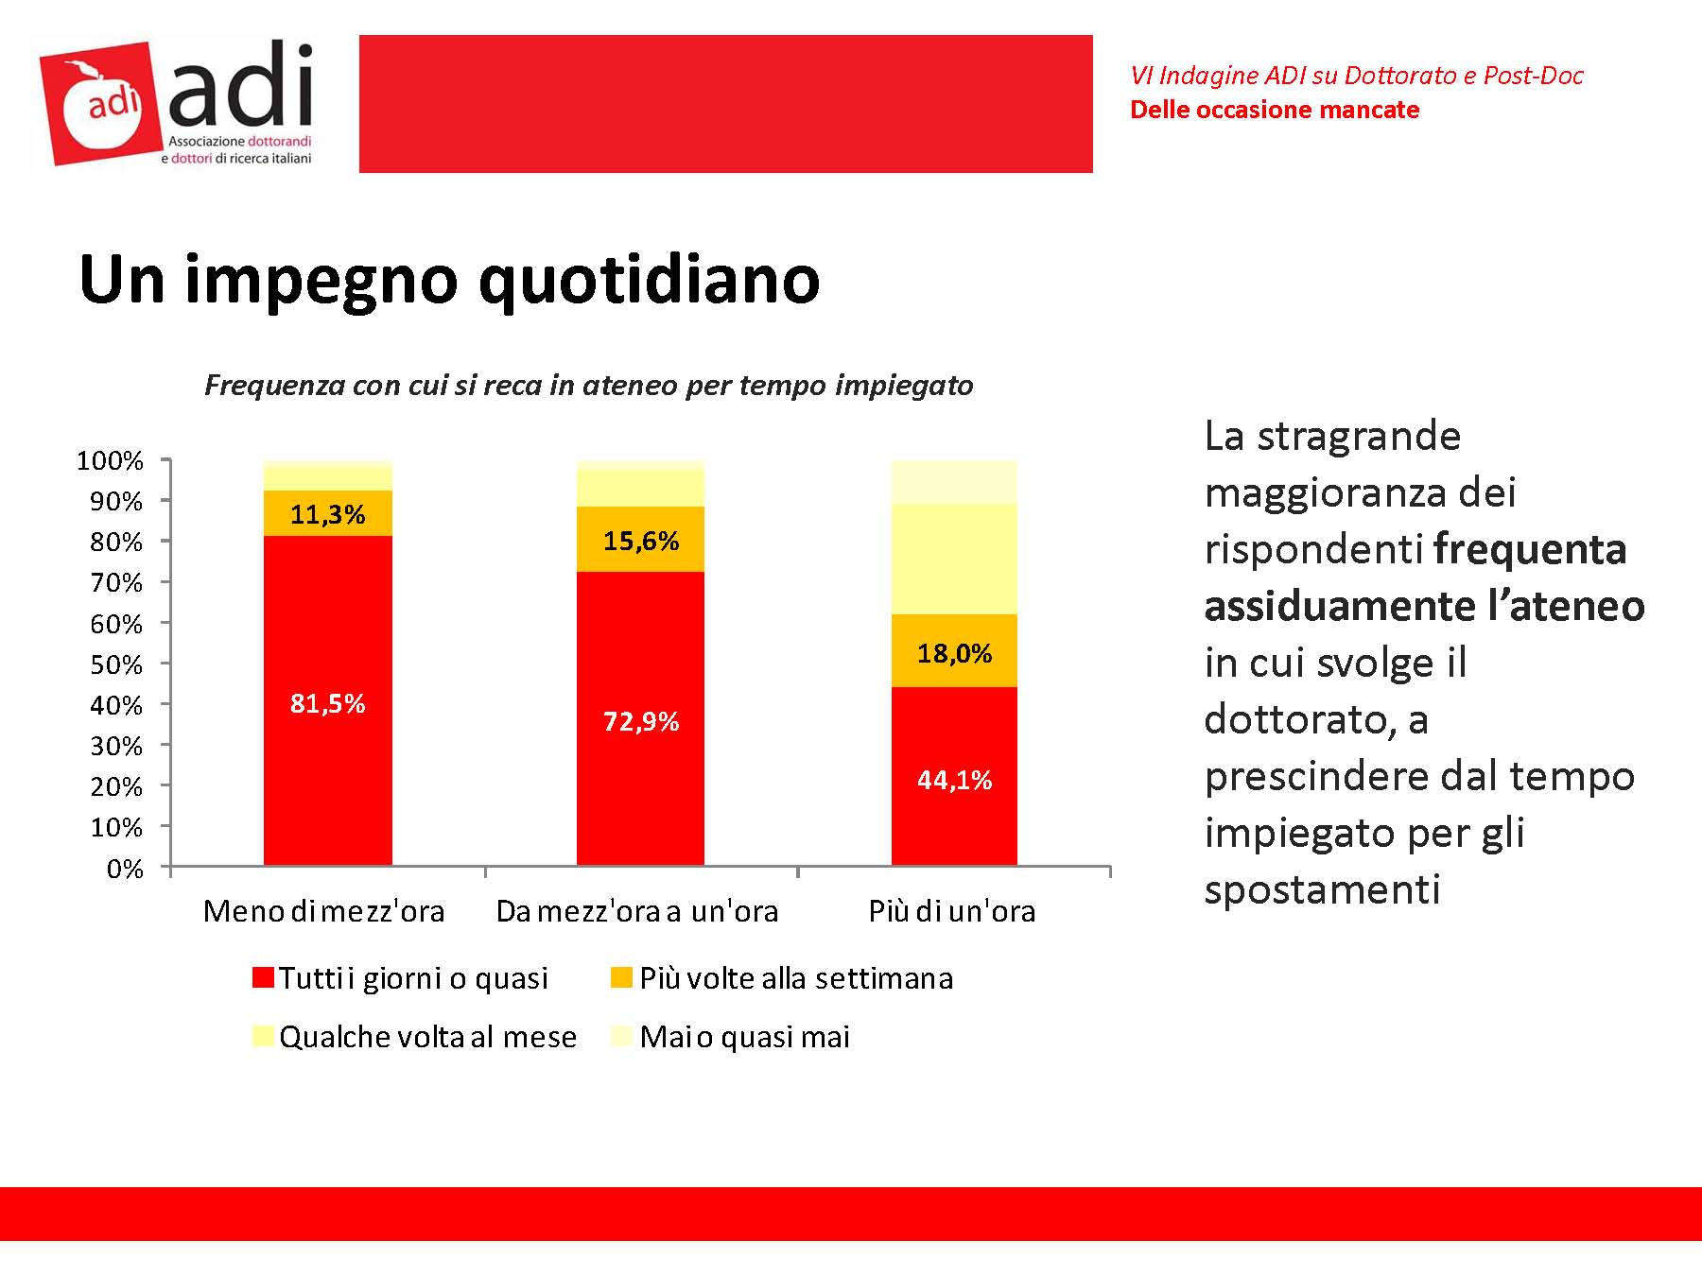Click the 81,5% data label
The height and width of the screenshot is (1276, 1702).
point(327,703)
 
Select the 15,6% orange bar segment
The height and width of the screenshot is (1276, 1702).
point(640,540)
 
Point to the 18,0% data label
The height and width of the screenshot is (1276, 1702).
point(954,653)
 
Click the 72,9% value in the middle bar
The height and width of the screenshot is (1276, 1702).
point(641,722)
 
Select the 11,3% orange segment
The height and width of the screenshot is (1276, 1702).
point(327,514)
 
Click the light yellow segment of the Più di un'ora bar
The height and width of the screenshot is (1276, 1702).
point(954,560)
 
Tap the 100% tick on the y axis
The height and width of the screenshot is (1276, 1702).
point(110,461)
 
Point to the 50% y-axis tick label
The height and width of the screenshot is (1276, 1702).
point(115,664)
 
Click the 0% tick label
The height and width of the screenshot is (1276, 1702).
point(125,869)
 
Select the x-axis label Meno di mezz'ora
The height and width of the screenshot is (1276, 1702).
point(323,911)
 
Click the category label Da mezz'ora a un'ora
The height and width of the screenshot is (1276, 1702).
point(637,911)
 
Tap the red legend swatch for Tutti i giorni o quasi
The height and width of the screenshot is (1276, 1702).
point(263,977)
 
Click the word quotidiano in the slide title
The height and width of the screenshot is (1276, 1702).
point(649,280)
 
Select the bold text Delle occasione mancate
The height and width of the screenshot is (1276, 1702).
point(1275,111)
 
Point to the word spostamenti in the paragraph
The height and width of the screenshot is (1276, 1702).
point(1322,889)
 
